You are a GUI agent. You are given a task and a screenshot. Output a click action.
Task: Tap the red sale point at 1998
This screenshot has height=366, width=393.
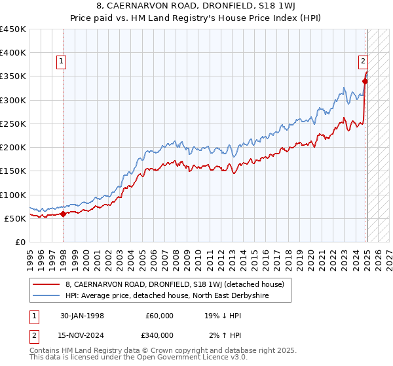[x=63, y=213]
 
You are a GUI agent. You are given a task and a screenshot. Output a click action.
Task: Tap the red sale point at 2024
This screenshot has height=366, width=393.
[x=365, y=82]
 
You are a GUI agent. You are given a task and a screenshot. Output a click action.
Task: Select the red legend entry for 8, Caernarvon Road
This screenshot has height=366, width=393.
[x=174, y=284]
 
